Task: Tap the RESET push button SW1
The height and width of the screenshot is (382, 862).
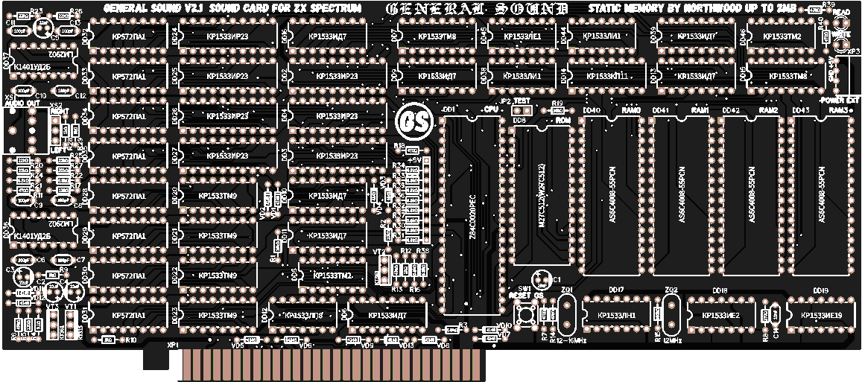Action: point(531,313)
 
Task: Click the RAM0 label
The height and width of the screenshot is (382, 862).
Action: point(631,110)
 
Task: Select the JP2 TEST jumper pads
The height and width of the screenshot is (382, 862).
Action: point(519,110)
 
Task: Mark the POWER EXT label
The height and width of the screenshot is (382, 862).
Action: point(840,99)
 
